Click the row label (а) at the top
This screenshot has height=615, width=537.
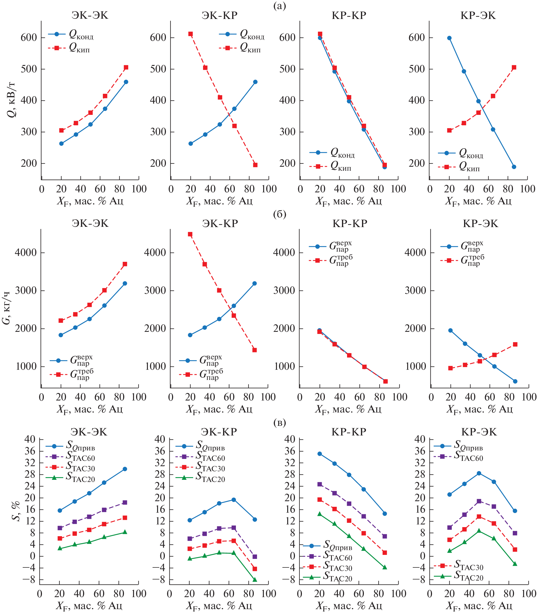coord(280,6)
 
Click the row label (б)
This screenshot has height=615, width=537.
coord(280,214)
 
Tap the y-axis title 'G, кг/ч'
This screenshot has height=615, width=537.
coord(6,307)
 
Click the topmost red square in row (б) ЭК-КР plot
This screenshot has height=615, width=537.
coord(190,234)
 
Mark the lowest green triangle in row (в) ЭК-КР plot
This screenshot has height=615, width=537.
coord(255,580)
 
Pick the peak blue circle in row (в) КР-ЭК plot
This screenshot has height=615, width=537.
coord(479,473)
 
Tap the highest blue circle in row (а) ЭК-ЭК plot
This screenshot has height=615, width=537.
coord(126,82)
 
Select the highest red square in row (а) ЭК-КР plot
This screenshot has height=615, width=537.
coord(190,34)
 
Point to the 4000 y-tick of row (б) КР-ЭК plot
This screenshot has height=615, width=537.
coord(415,252)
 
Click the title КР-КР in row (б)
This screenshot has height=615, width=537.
coord(350,224)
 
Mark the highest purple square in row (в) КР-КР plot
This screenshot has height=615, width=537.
coord(320,484)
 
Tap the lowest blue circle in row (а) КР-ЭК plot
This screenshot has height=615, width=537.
coord(514,167)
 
